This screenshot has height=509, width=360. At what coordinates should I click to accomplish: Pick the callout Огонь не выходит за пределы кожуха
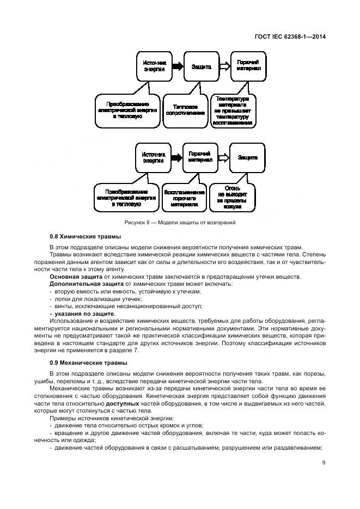tap(232, 199)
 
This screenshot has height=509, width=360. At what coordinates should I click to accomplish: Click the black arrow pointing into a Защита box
tap(178, 67)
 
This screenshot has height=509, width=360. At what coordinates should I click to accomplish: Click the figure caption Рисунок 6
tap(179, 223)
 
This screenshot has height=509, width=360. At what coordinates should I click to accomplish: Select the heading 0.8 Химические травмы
tap(85, 237)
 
